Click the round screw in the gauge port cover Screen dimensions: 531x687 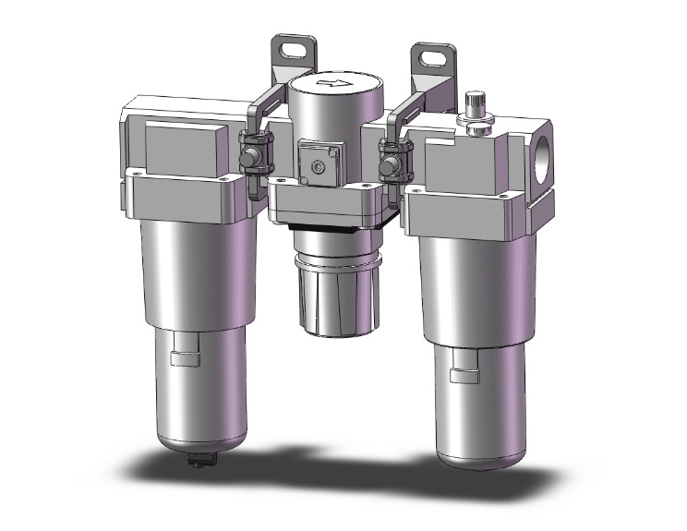click(319, 166)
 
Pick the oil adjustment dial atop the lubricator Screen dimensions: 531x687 click(476, 104)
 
